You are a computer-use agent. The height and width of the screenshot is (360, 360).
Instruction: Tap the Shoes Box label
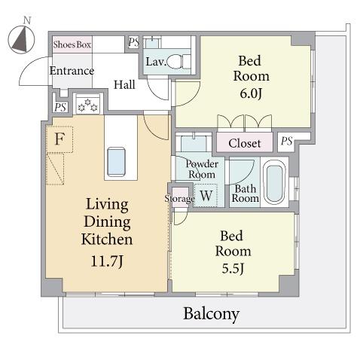click(72, 44)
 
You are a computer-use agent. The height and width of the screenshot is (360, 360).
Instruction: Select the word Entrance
click(72, 71)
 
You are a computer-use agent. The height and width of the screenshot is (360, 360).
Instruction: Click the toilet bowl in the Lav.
click(175, 62)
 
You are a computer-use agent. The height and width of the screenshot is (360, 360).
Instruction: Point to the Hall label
click(124, 84)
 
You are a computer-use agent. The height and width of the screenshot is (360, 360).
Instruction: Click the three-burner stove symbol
click(88, 105)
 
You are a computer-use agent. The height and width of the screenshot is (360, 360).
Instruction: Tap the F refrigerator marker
click(59, 139)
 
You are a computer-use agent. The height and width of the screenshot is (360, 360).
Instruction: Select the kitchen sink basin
click(116, 162)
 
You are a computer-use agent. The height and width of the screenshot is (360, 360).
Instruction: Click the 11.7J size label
click(107, 261)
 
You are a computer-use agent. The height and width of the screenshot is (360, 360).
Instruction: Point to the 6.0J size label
click(251, 93)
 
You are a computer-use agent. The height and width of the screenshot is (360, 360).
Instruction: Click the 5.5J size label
click(233, 268)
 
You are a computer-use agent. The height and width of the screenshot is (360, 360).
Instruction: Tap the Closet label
click(245, 143)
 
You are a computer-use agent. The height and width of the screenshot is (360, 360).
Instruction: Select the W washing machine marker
click(206, 196)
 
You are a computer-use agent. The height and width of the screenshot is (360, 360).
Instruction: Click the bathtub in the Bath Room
click(275, 182)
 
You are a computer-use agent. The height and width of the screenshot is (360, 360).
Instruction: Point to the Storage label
click(180, 199)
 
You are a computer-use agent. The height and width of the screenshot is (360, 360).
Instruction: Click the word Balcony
click(212, 314)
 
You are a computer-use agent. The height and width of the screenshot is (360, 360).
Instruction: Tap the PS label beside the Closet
click(287, 141)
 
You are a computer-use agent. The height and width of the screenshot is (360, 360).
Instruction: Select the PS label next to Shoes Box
click(134, 42)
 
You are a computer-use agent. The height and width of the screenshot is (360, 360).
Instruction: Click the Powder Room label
click(202, 169)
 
